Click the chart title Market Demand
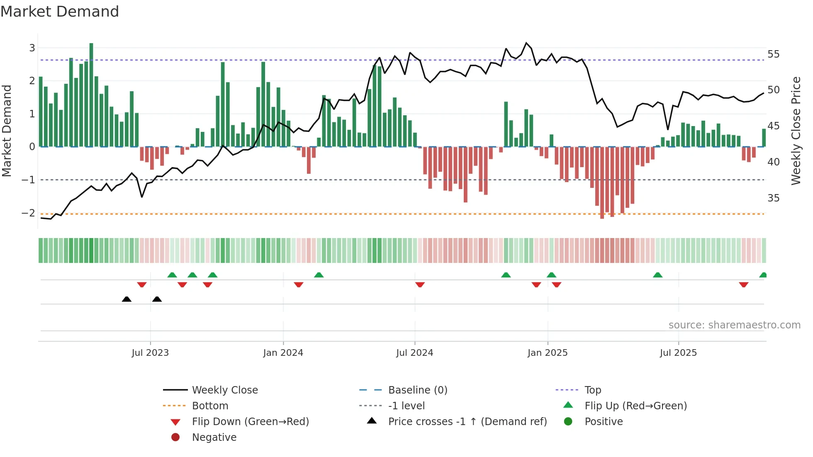(60, 12)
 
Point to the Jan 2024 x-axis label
(283, 353)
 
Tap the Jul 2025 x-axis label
(678, 353)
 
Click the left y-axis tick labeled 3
(32, 48)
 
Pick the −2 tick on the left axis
(29, 213)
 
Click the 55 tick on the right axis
(773, 54)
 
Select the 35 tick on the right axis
(773, 198)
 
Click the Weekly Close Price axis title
(796, 131)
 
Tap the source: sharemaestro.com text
(734, 325)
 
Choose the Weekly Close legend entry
(224, 390)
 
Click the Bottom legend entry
(210, 406)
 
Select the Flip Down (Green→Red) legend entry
(250, 422)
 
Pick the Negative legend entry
(214, 438)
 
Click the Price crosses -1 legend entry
(467, 422)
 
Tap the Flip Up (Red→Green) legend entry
(635, 406)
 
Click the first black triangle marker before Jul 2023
(127, 299)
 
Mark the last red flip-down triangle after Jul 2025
(743, 284)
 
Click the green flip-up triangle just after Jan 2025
(551, 275)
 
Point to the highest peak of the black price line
(526, 43)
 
